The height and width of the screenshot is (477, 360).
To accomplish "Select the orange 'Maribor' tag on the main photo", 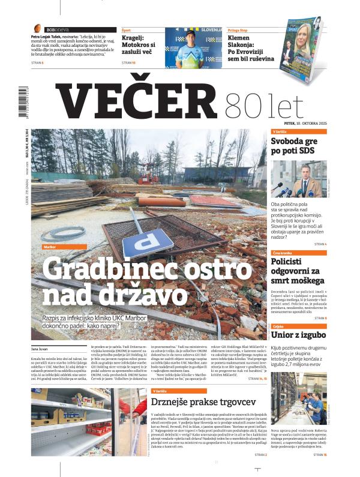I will click(50, 247).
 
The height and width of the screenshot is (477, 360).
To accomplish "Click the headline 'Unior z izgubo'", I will click(298, 334).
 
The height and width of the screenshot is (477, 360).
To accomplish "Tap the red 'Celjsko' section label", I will click(278, 325).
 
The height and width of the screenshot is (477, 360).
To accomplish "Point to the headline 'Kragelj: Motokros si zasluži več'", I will click(139, 44).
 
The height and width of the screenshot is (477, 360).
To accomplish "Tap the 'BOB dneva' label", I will click(50, 28).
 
